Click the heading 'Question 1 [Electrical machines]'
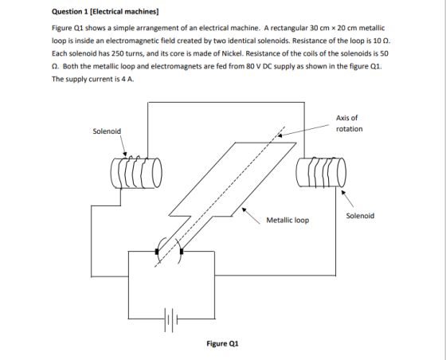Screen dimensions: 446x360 tap(105, 12)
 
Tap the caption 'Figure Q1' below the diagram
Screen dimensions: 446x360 tap(222, 343)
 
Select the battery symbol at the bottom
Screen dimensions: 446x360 tap(170, 319)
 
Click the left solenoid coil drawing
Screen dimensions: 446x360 tap(136, 172)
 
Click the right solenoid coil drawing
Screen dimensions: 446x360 tap(321, 172)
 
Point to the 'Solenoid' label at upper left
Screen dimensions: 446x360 tap(107, 131)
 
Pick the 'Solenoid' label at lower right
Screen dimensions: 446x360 tap(360, 216)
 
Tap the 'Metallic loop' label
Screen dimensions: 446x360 tap(288, 220)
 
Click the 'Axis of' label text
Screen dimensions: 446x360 tap(346, 118)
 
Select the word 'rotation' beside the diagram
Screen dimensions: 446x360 tap(350, 129)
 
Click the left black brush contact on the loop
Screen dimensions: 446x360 tap(157, 252)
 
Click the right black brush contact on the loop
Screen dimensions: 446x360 tap(182, 251)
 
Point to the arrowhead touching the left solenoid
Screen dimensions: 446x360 tap(124, 154)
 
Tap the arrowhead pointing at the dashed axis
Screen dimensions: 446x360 tap(280, 135)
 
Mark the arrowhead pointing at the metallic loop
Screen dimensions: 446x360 tap(244, 209)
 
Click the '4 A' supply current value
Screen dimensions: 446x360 tap(127, 79)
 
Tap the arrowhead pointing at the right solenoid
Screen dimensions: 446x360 tap(344, 193)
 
